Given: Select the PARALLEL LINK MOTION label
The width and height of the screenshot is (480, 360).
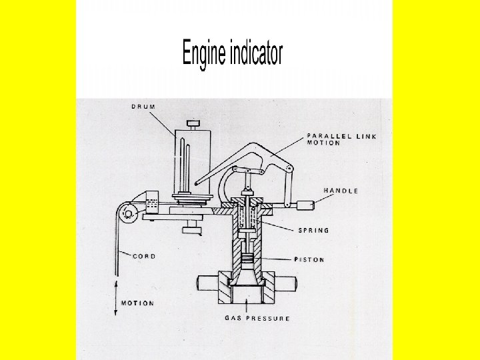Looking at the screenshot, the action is [x=341, y=139].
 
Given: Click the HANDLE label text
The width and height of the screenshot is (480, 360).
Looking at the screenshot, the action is [x=341, y=191].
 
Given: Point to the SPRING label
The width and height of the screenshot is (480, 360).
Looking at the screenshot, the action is [x=313, y=231].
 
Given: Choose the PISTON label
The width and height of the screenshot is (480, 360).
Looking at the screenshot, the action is [x=309, y=259].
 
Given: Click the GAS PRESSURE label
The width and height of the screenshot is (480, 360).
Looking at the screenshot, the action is [x=257, y=319].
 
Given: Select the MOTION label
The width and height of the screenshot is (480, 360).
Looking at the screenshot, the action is [x=137, y=303].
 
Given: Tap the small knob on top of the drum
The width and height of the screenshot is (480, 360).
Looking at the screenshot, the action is [x=193, y=123].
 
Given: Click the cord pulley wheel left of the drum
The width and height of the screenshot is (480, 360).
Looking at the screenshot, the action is [x=127, y=213].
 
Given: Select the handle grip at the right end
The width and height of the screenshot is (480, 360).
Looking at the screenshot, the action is [x=305, y=205].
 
